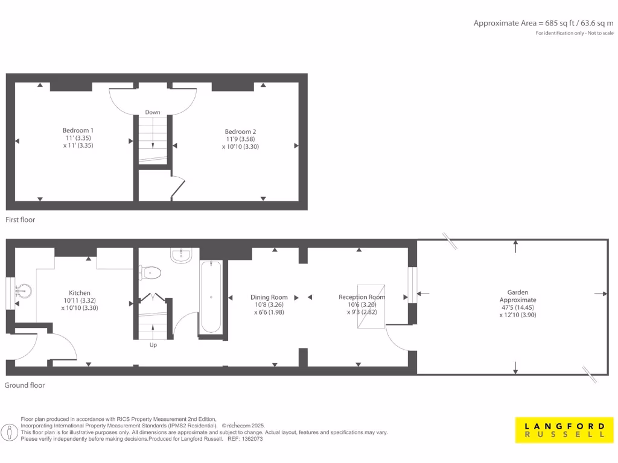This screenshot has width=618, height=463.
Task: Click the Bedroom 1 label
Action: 78,130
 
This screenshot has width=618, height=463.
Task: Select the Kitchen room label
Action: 79,292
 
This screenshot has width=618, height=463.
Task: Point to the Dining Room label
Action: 269,297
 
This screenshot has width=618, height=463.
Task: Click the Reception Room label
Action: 362,297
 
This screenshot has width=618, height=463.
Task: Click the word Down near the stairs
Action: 153,112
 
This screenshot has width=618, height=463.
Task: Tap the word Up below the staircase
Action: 153,345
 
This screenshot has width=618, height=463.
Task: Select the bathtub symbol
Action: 211,297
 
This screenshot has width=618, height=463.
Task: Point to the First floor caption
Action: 21,219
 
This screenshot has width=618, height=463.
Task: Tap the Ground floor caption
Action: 25,385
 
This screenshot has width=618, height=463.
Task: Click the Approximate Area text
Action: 543,23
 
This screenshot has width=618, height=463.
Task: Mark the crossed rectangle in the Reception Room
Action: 371,306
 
